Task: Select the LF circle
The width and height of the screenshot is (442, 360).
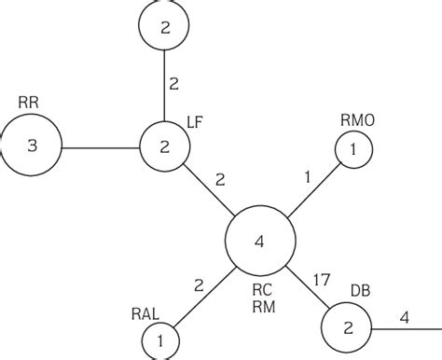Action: tap(163, 146)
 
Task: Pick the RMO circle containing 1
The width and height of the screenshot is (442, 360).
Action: tap(352, 149)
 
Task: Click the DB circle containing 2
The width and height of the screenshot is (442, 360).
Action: tap(346, 329)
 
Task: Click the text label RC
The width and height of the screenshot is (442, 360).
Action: tap(263, 287)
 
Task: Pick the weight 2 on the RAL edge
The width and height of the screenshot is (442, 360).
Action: tap(199, 286)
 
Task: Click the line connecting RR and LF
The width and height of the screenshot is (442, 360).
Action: tap(100, 146)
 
